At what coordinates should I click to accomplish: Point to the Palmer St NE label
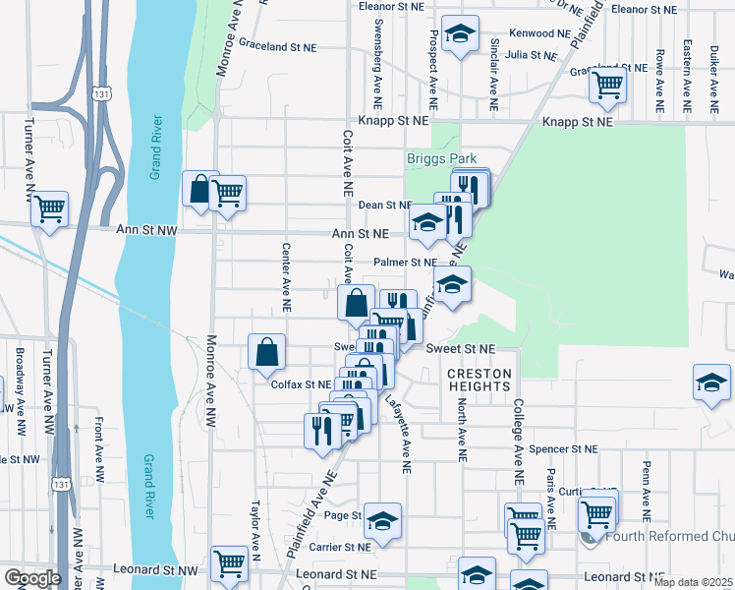[405, 263]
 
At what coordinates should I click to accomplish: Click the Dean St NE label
[384, 205]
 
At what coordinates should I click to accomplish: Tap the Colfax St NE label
[302, 384]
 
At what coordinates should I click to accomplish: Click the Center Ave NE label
[287, 277]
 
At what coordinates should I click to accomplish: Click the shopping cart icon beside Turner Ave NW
[49, 208]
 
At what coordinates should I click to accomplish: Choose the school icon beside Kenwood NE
[460, 34]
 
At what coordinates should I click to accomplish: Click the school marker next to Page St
[384, 519]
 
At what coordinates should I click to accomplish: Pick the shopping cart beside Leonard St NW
[229, 563]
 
